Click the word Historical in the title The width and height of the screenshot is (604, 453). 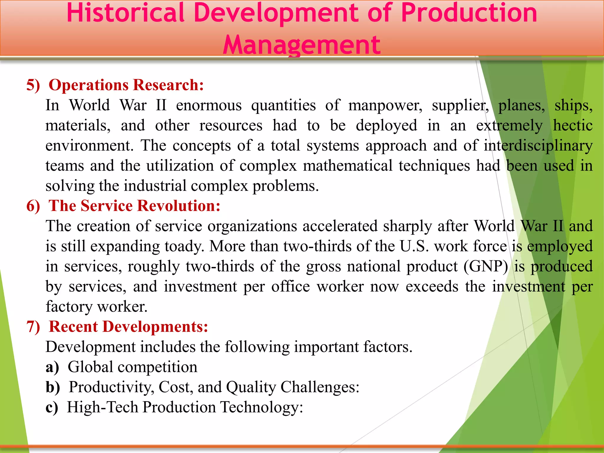point(126,13)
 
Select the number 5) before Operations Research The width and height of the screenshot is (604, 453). point(33,86)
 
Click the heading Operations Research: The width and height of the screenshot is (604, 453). point(126,85)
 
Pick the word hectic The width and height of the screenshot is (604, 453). point(572,126)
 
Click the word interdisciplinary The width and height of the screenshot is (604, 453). point(538,146)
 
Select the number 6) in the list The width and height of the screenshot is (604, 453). point(33,206)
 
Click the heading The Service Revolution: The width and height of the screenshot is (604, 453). point(134,206)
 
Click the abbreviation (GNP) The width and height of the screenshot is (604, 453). point(486,266)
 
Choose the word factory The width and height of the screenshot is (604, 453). point(69,307)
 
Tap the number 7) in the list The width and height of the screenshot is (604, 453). point(33,327)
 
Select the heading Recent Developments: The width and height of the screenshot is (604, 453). point(129,327)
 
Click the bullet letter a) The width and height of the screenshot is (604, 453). point(52,367)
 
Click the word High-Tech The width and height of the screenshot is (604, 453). point(102,407)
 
